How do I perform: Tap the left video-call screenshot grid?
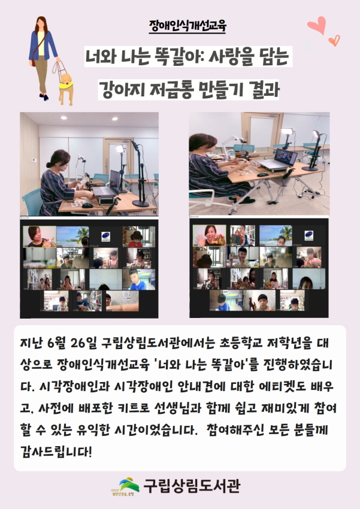(89, 268)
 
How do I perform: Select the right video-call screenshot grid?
(259, 268)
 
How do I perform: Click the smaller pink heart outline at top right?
(334, 41)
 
